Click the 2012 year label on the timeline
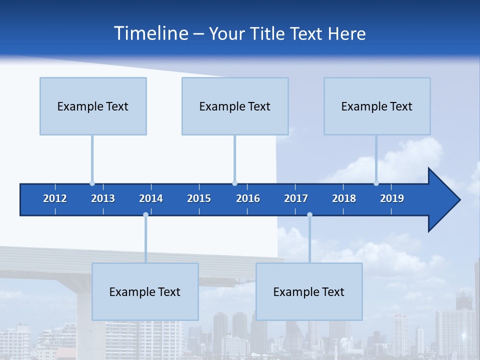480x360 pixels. click(x=55, y=198)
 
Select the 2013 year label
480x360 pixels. click(x=103, y=198)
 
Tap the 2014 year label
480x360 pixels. click(x=151, y=198)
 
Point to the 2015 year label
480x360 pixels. click(x=199, y=198)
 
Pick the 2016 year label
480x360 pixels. click(x=248, y=198)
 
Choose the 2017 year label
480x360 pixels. click(x=296, y=198)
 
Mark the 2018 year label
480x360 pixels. click(x=344, y=198)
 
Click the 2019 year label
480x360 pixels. click(x=392, y=198)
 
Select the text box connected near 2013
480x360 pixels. click(x=93, y=106)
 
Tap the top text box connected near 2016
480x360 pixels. click(x=235, y=106)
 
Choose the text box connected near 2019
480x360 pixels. click(x=377, y=106)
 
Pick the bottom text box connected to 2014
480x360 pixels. click(x=145, y=291)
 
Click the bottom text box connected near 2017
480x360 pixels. click(x=309, y=291)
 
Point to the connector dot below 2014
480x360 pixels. click(x=145, y=215)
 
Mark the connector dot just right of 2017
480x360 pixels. click(x=309, y=215)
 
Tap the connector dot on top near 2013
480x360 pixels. click(x=92, y=183)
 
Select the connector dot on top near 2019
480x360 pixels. click(x=376, y=183)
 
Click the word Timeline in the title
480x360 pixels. click(x=150, y=33)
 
